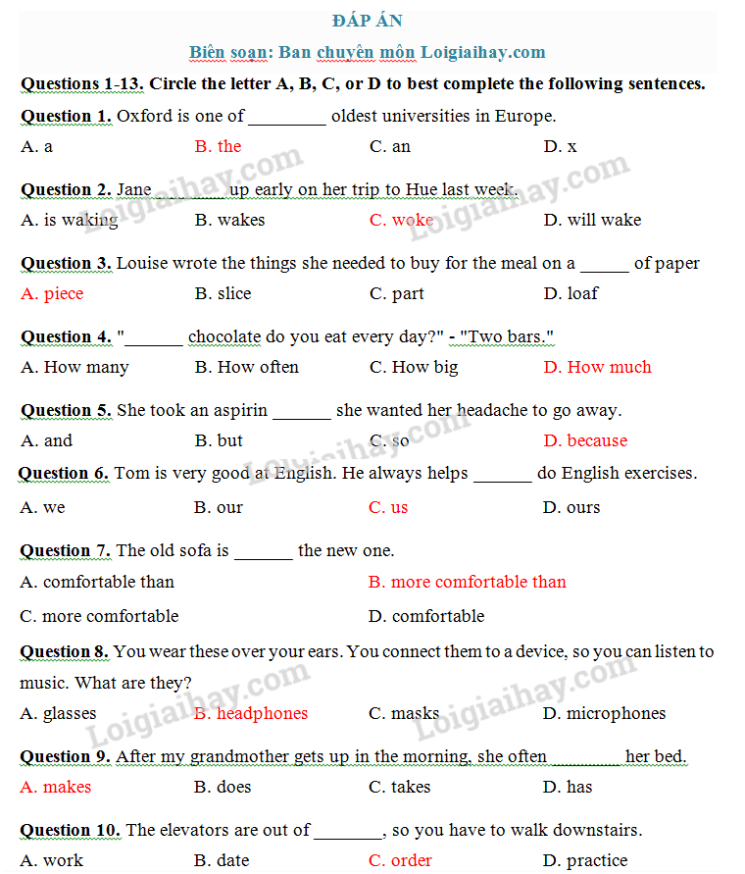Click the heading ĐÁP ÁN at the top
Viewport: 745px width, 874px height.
pyautogui.click(x=368, y=21)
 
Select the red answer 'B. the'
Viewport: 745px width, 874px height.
pyautogui.click(x=218, y=146)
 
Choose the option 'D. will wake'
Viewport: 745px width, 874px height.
pyautogui.click(x=592, y=220)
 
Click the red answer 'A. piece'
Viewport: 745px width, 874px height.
pyautogui.click(x=52, y=293)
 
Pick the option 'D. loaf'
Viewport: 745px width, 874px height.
pyautogui.click(x=571, y=293)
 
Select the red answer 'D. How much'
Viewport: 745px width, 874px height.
pyautogui.click(x=597, y=367)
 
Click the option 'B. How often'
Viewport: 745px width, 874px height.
pyautogui.click(x=246, y=367)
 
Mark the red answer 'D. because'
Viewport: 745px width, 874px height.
pyautogui.click(x=585, y=440)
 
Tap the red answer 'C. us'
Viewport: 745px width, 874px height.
pyautogui.click(x=388, y=507)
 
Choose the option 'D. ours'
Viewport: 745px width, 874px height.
pyautogui.click(x=571, y=507)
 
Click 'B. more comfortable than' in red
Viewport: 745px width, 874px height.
pyautogui.click(x=468, y=582)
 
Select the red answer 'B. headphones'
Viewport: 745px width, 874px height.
pyautogui.click(x=251, y=713)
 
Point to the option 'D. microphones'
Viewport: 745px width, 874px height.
pyautogui.click(x=604, y=713)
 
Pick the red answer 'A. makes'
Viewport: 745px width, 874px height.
pyautogui.click(x=55, y=787)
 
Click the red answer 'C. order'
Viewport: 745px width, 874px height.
pyautogui.click(x=400, y=860)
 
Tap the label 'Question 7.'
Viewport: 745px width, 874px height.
pyautogui.click(x=66, y=550)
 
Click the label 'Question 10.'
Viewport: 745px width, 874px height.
pyautogui.click(x=70, y=830)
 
